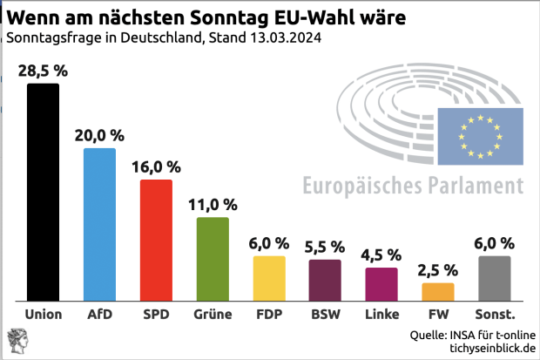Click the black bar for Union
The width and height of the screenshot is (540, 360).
44,192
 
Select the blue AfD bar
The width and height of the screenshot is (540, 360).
99,224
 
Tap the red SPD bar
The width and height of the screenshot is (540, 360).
156,240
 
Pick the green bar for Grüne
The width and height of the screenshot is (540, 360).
213,259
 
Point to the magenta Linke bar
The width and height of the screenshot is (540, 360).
381,283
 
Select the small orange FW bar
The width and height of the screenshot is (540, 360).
437,291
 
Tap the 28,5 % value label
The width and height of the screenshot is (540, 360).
44,70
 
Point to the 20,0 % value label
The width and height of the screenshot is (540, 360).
99,135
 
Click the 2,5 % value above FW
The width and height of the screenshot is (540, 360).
437,269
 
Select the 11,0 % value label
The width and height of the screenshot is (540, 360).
213,205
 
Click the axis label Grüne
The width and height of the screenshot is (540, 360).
213,314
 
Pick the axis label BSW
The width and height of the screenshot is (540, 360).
325,314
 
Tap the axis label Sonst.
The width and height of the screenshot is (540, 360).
495,314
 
